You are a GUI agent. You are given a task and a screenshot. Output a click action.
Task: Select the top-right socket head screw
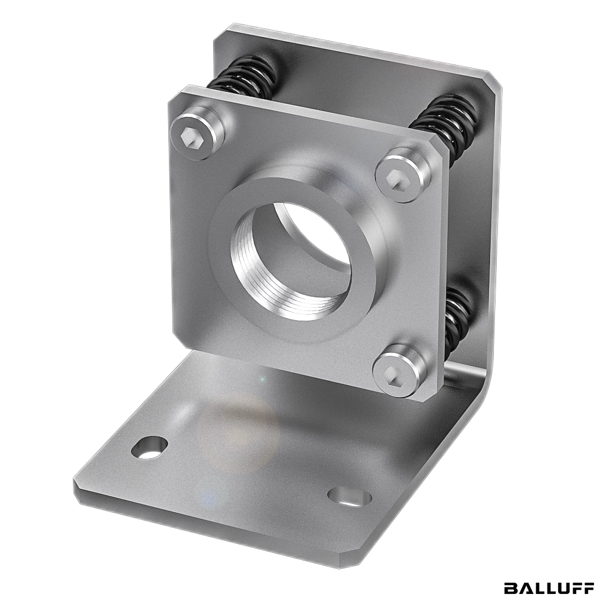403,174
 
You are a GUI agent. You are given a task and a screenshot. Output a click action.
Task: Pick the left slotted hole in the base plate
149,447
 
